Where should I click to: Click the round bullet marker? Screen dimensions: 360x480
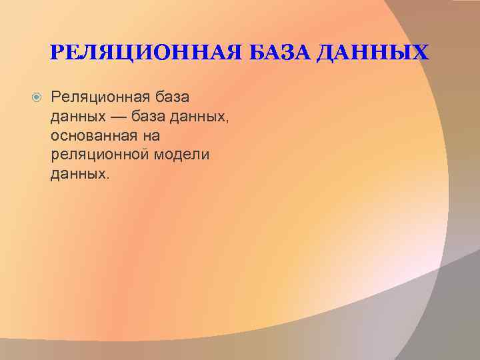tap(37, 99)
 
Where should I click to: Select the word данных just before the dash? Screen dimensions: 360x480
tap(73, 117)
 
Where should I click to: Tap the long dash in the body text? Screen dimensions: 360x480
tap(113, 118)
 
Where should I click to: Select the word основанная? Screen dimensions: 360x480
tap(93, 136)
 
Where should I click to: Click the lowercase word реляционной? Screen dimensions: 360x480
tap(98, 155)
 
